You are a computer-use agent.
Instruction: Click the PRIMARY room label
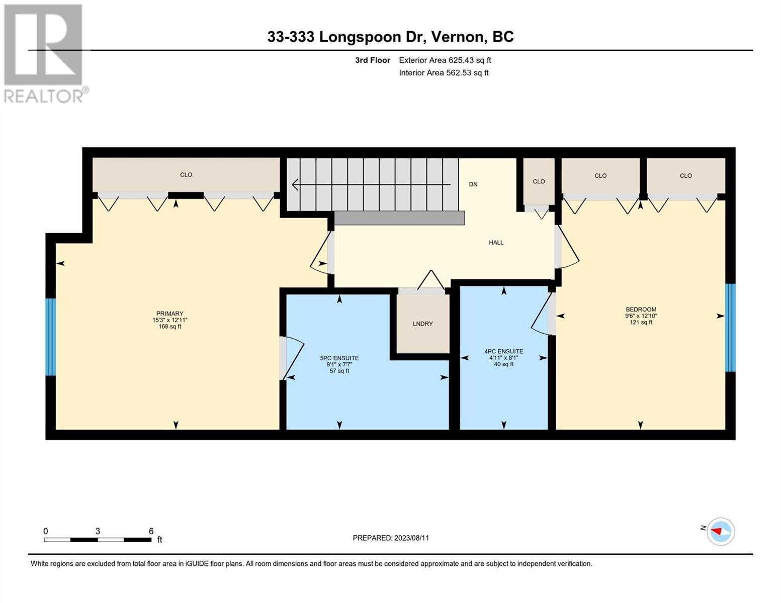169,313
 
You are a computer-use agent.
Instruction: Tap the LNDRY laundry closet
422,324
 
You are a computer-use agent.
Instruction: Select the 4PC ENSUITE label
503,351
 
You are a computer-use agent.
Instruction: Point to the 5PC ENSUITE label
339,358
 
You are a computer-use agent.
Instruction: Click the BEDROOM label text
641,309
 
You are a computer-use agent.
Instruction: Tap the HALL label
496,242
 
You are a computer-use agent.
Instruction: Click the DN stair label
473,184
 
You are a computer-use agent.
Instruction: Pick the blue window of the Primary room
51,337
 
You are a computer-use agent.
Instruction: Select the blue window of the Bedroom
730,328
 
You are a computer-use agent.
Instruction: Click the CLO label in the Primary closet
186,175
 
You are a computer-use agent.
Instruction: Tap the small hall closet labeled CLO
539,182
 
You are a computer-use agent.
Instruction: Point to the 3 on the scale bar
98,531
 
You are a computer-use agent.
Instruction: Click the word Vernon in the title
457,37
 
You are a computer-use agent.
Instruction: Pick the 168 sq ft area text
169,327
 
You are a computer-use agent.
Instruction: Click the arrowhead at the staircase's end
295,184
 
